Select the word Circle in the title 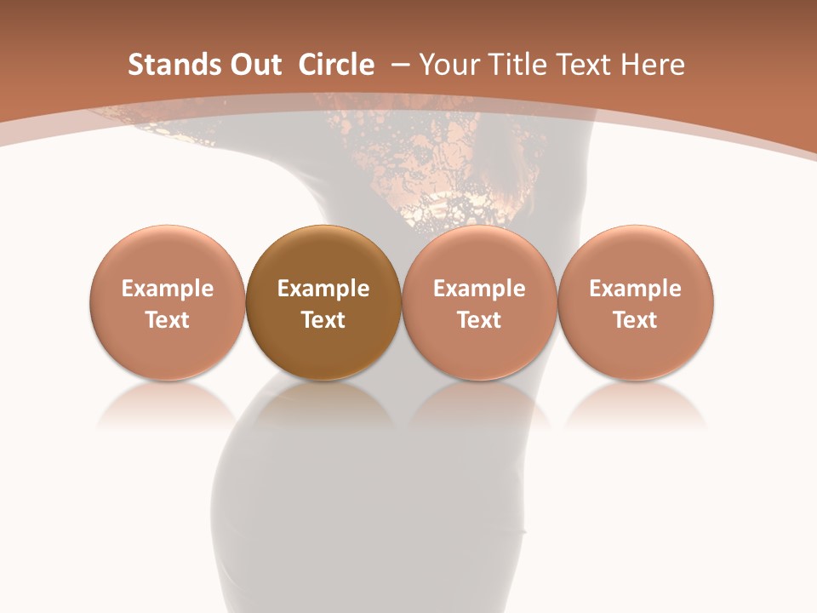pyautogui.click(x=336, y=65)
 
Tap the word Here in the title pyautogui.click(x=653, y=65)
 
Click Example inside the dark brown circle pyautogui.click(x=323, y=289)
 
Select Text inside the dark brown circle pyautogui.click(x=323, y=320)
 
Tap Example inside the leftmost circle pyautogui.click(x=168, y=289)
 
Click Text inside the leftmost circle pyautogui.click(x=168, y=320)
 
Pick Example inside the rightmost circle pyautogui.click(x=636, y=289)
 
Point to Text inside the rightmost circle pyautogui.click(x=636, y=320)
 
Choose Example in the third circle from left pyautogui.click(x=479, y=289)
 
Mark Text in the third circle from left pyautogui.click(x=479, y=320)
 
